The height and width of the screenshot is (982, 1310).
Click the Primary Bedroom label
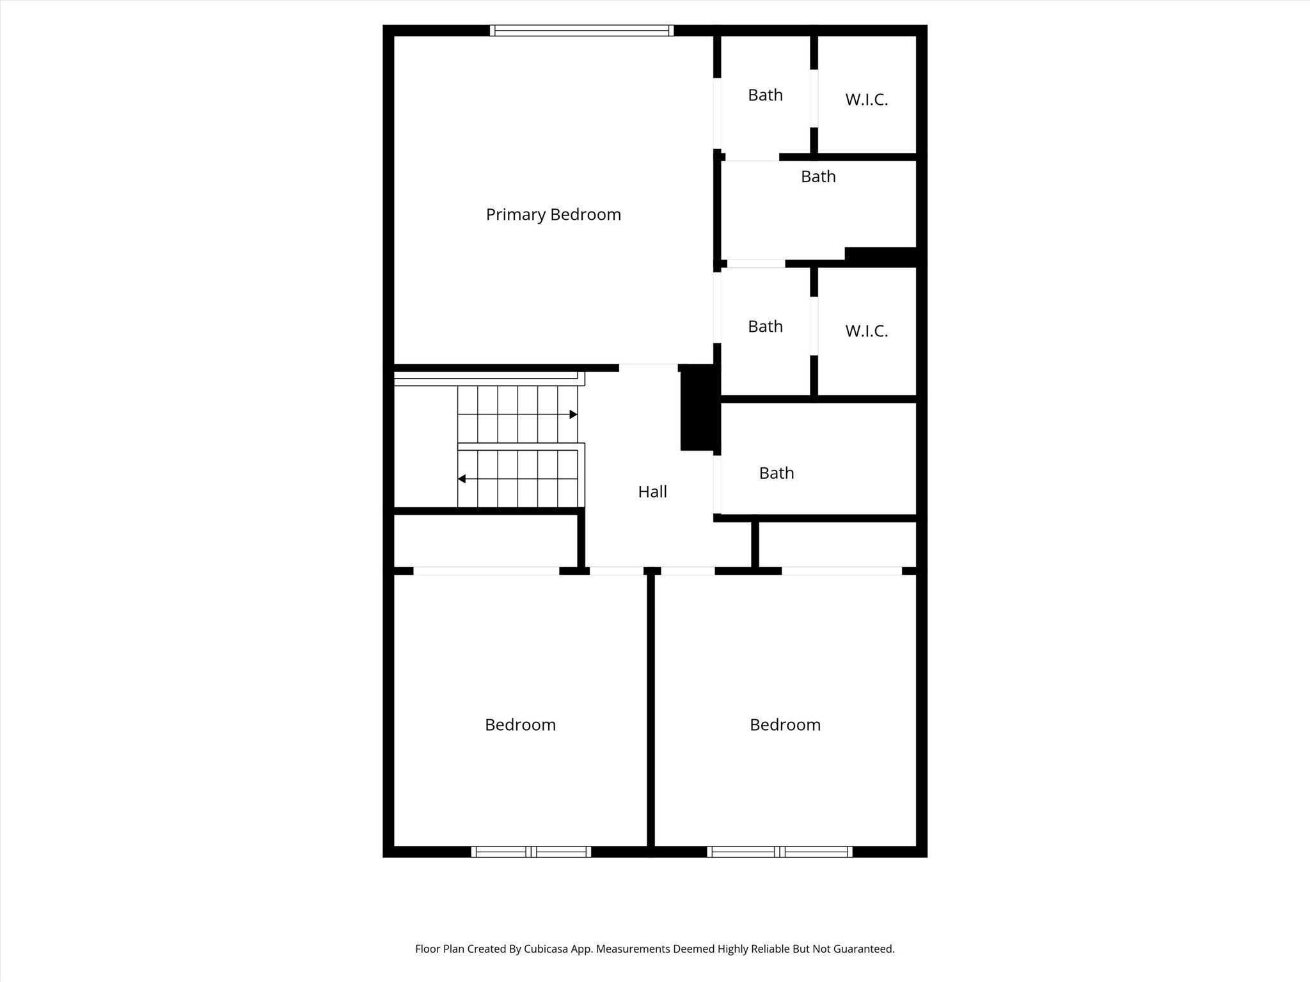(x=553, y=215)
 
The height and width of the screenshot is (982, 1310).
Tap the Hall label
(x=652, y=492)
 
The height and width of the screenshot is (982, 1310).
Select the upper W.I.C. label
(x=867, y=100)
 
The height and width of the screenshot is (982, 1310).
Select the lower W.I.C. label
(x=867, y=331)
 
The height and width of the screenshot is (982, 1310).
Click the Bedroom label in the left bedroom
(x=520, y=725)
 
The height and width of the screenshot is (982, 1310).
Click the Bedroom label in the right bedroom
(x=785, y=725)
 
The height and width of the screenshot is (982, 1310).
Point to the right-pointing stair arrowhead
(x=574, y=415)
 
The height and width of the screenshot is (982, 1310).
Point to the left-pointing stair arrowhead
(x=461, y=479)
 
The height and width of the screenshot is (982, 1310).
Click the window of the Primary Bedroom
(x=581, y=30)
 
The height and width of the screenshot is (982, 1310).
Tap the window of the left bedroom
(x=531, y=852)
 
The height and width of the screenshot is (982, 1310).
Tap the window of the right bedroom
(x=779, y=852)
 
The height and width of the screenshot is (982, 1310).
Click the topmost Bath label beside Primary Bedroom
(x=765, y=95)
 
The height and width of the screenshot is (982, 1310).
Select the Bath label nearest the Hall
(x=777, y=473)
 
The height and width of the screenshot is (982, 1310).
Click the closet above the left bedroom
(x=486, y=541)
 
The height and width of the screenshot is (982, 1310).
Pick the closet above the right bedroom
(x=837, y=544)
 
